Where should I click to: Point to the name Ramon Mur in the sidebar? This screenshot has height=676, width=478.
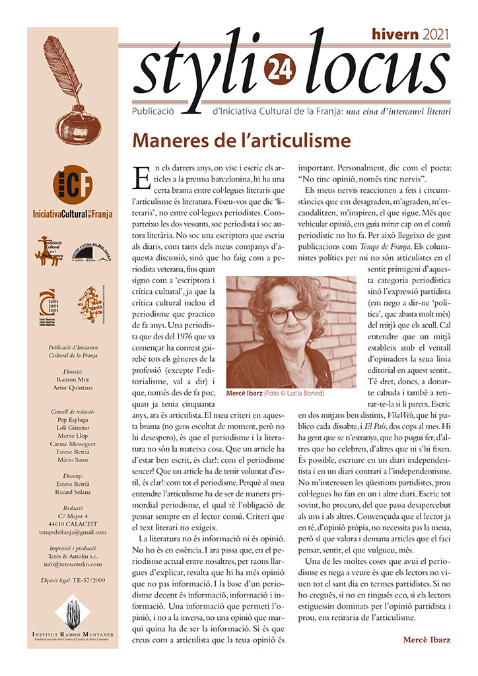point(73,380)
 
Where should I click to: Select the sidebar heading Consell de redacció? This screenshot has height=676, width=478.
point(73,411)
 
